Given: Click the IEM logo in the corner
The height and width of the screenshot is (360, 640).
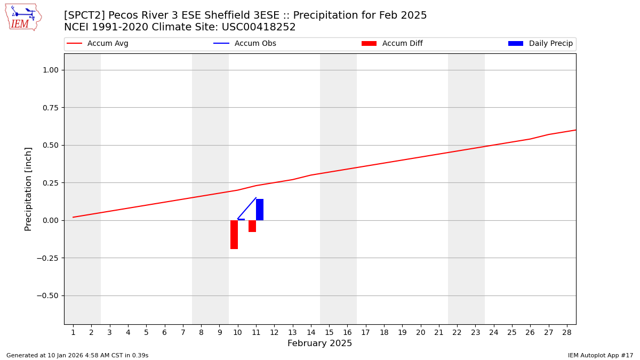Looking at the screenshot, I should coord(23,17).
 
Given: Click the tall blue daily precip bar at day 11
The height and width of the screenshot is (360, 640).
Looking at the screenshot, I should coord(260,210).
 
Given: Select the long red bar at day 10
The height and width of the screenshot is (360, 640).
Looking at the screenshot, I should coord(234,235).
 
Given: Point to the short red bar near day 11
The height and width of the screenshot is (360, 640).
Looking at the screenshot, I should coord(252,226).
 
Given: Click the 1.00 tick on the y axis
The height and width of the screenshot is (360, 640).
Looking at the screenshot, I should coord(54,70).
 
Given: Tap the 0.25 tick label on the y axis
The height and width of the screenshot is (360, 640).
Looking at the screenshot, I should coord(54,183).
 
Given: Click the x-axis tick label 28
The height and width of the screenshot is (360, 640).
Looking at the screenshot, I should coord(567,333).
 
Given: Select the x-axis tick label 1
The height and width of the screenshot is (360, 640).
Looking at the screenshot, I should coord(73,333).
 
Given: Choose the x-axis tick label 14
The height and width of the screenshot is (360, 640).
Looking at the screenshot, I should coord(311,333).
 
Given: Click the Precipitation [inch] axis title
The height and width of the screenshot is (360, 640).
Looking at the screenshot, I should coord(29,189).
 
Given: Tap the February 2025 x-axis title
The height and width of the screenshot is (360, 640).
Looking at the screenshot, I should coord(319,343).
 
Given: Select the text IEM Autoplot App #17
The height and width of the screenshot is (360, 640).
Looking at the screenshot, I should coord(600,355).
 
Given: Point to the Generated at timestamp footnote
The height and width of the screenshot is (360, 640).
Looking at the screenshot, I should coord(77,355).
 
